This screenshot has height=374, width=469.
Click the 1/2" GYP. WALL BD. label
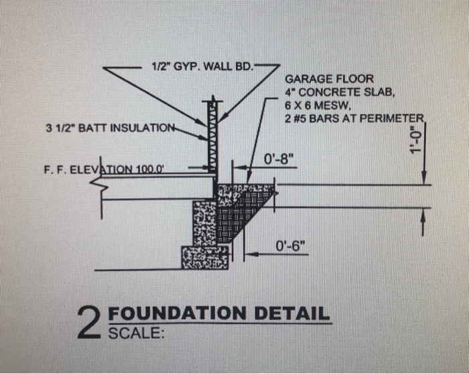point(200,68)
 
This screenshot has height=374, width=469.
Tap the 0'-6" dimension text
point(289,246)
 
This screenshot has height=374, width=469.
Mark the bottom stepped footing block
point(204,257)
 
